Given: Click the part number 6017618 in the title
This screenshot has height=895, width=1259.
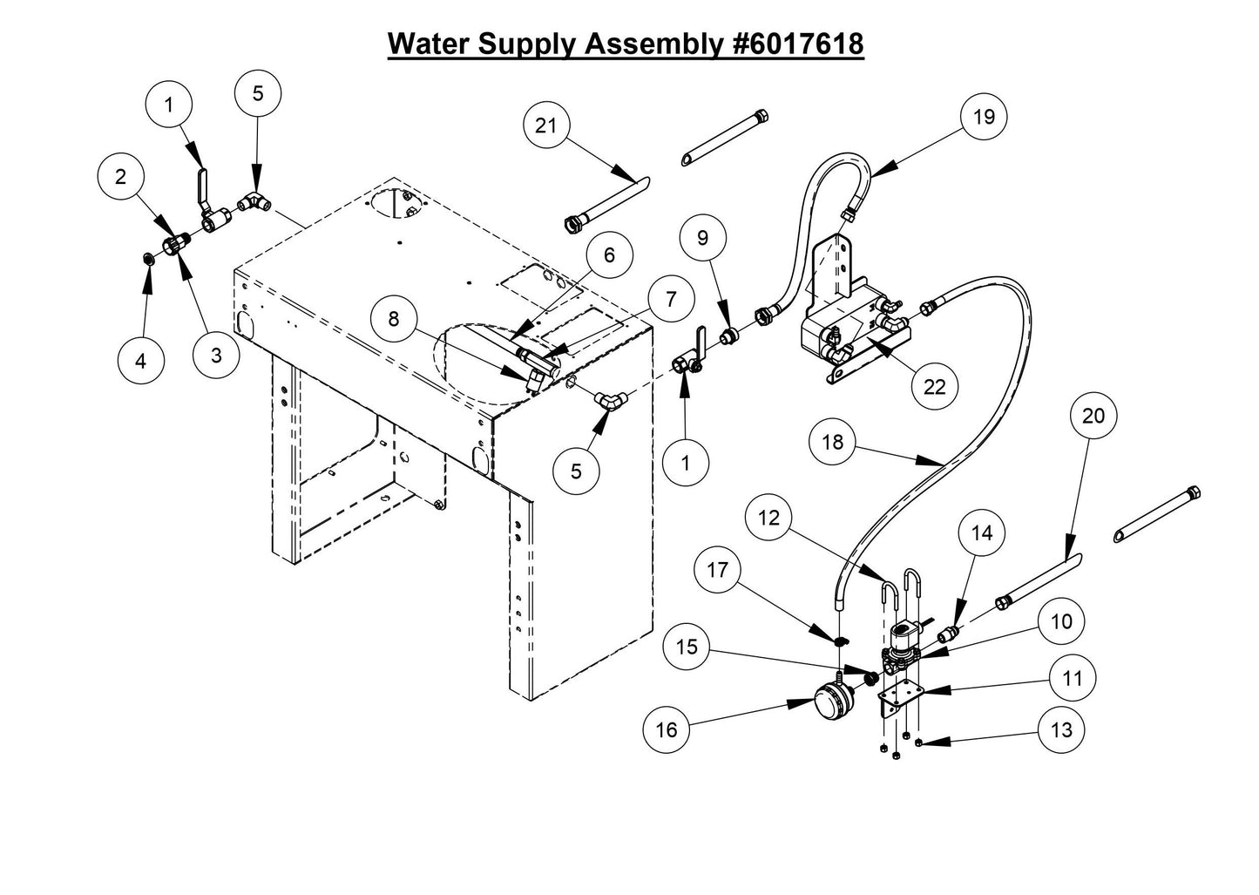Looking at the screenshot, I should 800,43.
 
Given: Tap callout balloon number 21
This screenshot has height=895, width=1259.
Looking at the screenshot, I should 546,125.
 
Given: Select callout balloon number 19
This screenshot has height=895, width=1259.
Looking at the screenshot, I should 984,117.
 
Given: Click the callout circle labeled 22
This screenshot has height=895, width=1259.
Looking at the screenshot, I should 934,386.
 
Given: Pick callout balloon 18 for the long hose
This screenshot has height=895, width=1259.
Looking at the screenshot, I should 833,442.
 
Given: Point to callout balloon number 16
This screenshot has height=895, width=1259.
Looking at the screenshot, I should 666,729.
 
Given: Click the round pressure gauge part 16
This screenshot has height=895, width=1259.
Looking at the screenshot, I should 833,698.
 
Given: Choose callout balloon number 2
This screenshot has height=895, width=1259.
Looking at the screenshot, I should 121,177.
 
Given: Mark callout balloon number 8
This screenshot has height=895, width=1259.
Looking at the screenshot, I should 393,320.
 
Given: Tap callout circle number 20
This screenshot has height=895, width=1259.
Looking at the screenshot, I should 1093,416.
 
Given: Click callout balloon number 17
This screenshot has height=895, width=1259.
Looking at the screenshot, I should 717,570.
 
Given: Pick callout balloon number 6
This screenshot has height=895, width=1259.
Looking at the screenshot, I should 609,254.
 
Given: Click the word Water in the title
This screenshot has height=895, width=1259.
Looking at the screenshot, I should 430,43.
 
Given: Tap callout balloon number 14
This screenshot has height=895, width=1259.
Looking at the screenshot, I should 982,532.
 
